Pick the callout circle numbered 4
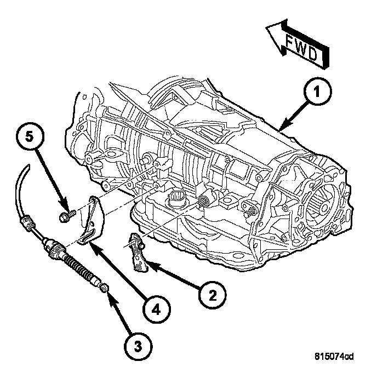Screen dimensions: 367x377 tap(156, 309)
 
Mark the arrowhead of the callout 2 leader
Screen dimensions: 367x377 tap(148, 267)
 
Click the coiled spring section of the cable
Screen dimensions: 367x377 tap(79, 267)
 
